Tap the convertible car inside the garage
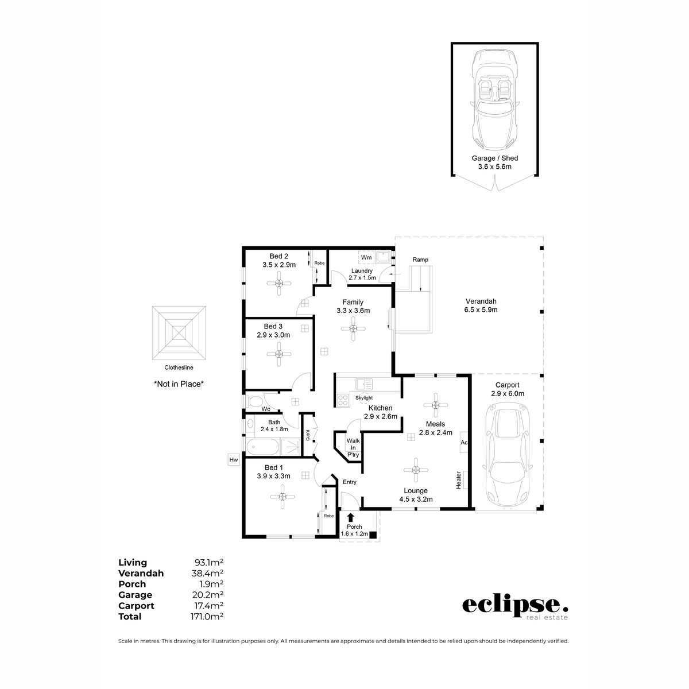pos(494,100)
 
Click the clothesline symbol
pos(179,332)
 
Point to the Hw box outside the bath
pos(233,460)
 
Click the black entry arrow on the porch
pos(351,517)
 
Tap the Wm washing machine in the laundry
pos(366,257)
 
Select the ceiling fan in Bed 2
pos(278,283)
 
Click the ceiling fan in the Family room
pos(353,328)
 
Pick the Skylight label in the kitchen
pos(364,397)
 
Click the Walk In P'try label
pos(353,448)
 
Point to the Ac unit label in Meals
pos(464,443)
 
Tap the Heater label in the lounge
pos(459,480)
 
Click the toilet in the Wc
pos(254,400)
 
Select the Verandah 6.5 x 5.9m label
pos(481,305)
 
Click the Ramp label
pos(420,260)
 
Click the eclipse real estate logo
pos(515,607)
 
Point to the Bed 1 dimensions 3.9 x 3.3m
pos(274,476)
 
